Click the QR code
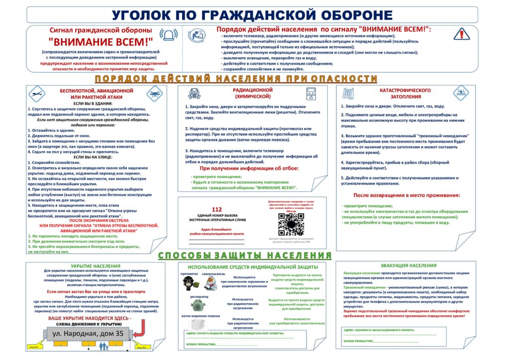coord(290,223)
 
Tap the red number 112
coord(217,209)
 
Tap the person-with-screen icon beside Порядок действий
coord(197,34)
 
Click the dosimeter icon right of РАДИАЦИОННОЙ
coord(312,94)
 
